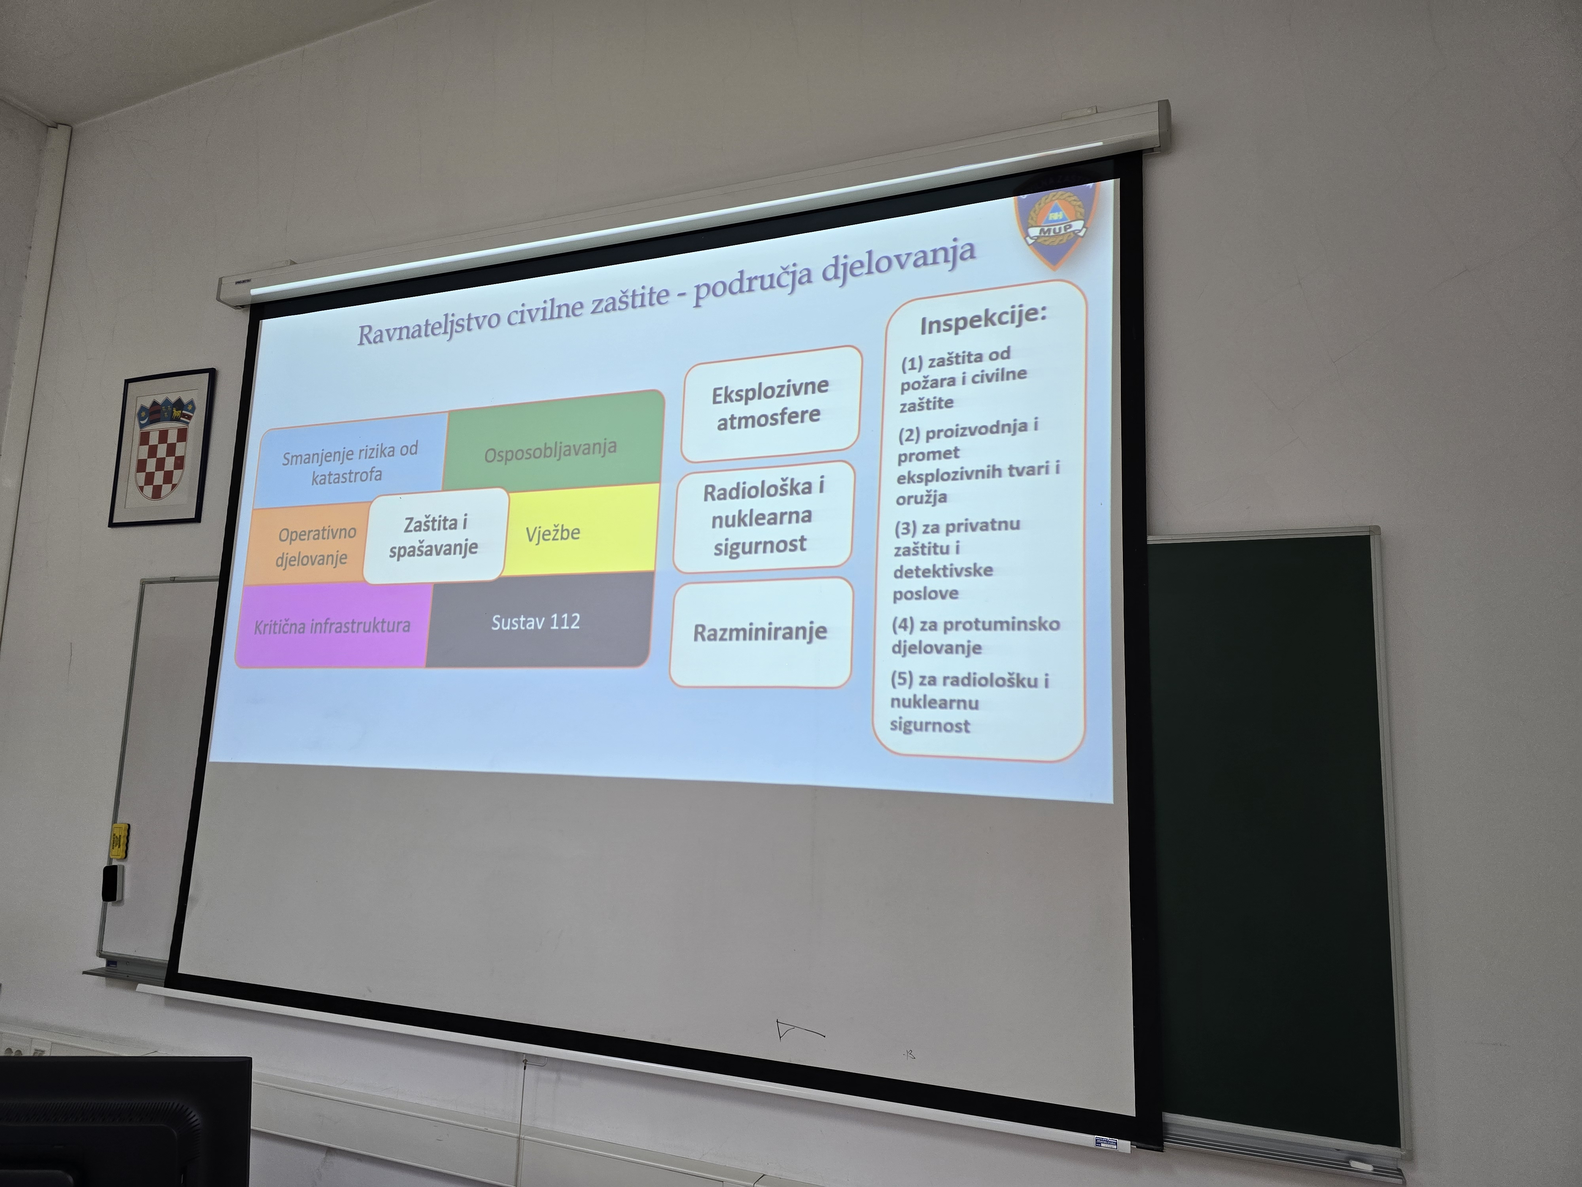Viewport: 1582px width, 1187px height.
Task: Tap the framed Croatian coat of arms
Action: [x=162, y=448]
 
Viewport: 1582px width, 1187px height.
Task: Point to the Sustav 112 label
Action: [x=536, y=622]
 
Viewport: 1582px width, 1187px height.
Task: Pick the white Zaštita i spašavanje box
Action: [x=435, y=535]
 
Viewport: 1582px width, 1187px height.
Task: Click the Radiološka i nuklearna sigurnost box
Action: [x=763, y=517]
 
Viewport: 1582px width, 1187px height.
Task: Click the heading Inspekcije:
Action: [x=983, y=319]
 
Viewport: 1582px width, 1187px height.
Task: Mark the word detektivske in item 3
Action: [x=942, y=571]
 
